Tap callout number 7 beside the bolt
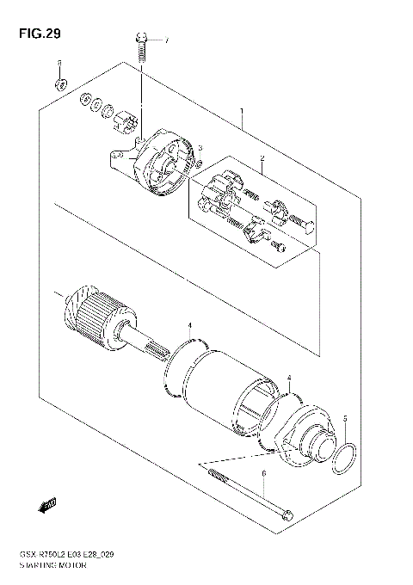click(167, 40)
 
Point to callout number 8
click(59, 64)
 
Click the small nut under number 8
click(59, 84)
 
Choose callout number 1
click(242, 111)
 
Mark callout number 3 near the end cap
click(199, 148)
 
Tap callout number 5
click(345, 418)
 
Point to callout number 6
click(264, 474)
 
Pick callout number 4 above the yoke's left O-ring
click(190, 326)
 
